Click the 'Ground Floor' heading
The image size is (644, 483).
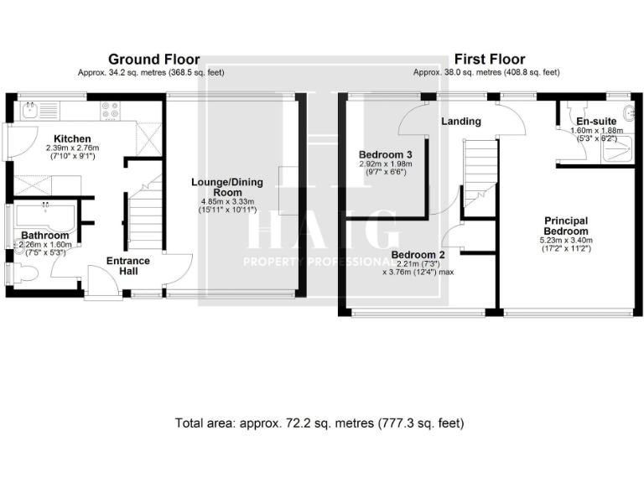153,60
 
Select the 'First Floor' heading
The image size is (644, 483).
490,60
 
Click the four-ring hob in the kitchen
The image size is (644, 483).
109,108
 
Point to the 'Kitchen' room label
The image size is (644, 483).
73,138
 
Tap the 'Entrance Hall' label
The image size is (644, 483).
127,266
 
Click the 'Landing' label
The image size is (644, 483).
461,122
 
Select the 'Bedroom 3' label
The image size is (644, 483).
385,155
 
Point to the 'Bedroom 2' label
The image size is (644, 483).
418,255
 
